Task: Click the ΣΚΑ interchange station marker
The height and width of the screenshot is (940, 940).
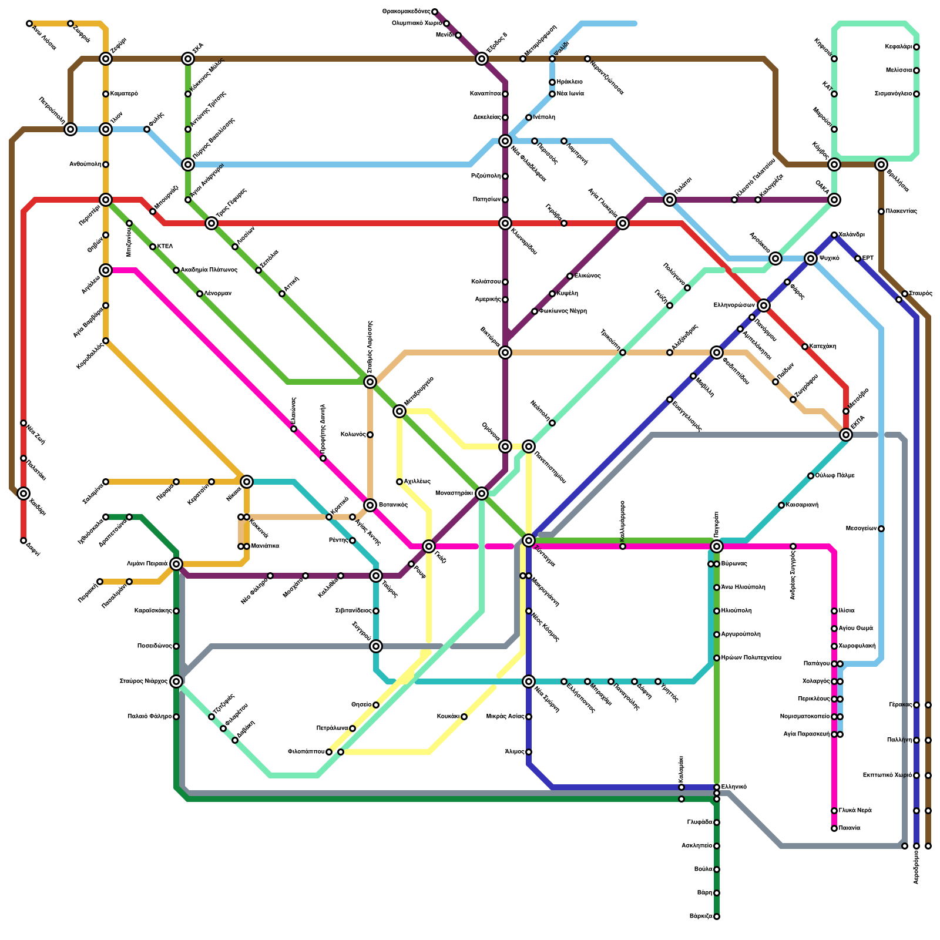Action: pyautogui.click(x=188, y=59)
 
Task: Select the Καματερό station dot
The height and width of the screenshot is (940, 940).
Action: pyautogui.click(x=106, y=94)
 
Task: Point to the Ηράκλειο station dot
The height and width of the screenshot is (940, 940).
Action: pyautogui.click(x=552, y=82)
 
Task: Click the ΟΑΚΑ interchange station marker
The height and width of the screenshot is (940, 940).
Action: pyautogui.click(x=834, y=200)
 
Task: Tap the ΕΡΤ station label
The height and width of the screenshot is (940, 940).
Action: pyautogui.click(x=868, y=258)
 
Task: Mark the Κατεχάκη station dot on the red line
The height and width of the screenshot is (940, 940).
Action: pyautogui.click(x=805, y=347)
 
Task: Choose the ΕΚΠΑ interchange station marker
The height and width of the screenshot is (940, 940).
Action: pyautogui.click(x=846, y=435)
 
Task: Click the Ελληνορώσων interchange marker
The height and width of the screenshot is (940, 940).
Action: pyautogui.click(x=764, y=305)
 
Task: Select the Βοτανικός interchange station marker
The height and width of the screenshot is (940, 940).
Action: pyautogui.click(x=370, y=505)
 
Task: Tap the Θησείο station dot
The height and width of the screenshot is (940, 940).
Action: pyautogui.click(x=376, y=705)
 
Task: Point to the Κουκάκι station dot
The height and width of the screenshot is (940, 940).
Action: pyautogui.click(x=464, y=717)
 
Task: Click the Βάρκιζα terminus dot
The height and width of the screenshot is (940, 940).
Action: pyautogui.click(x=717, y=916)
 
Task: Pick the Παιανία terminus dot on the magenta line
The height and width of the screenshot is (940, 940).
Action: pyautogui.click(x=834, y=828)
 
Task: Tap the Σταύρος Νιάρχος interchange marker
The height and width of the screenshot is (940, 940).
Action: pyautogui.click(x=176, y=681)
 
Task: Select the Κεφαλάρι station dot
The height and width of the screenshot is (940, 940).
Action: pyautogui.click(x=916, y=47)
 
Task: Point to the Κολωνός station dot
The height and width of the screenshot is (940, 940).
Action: pyautogui.click(x=370, y=435)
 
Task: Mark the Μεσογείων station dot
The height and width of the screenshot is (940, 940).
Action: pyautogui.click(x=881, y=529)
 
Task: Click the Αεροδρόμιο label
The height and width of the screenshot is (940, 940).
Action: pyautogui.click(x=916, y=867)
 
